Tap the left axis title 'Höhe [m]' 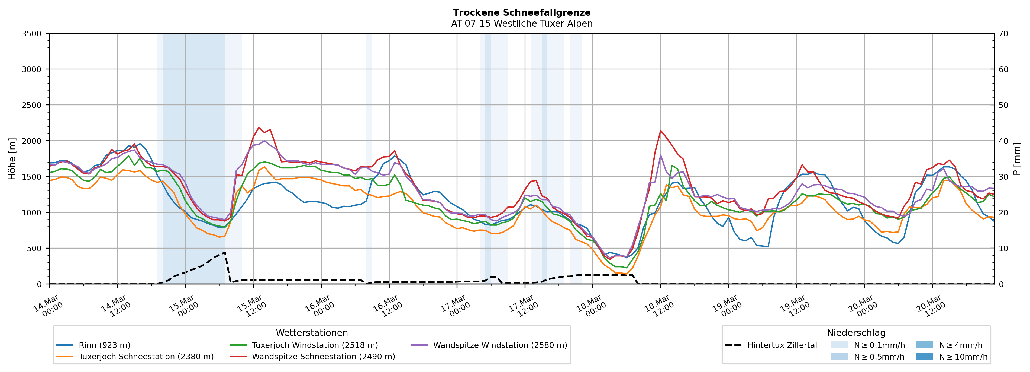[12, 158]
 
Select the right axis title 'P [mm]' [1017, 158]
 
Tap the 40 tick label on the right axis [1003, 141]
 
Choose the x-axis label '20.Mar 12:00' [930, 306]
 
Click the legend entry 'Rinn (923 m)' [104, 345]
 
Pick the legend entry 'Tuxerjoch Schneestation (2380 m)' [146, 356]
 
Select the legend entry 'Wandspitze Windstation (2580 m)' [500, 345]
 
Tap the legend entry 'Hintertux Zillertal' [782, 345]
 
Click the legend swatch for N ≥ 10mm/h [924, 356]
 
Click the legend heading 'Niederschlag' [856, 333]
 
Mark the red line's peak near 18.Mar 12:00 [661, 130]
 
